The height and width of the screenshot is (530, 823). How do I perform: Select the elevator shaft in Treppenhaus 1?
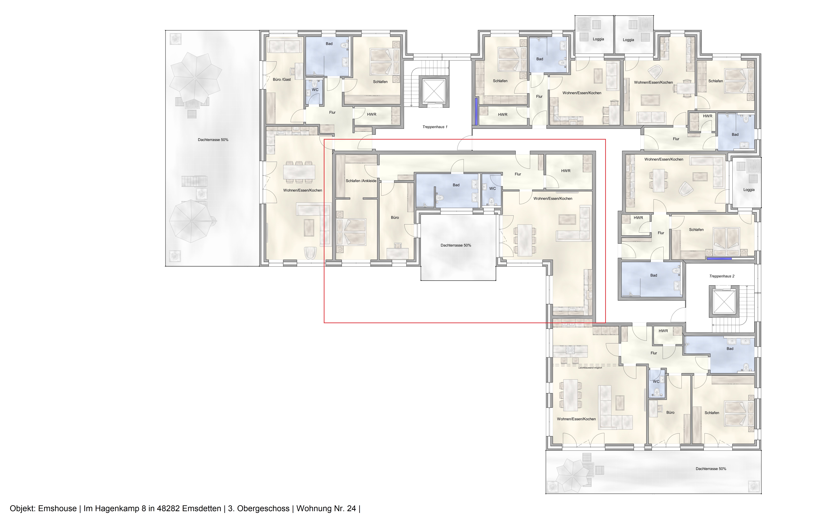434,91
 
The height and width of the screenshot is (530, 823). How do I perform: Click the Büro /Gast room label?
282,80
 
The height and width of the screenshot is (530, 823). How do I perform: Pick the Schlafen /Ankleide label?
361,181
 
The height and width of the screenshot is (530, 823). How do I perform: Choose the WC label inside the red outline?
492,189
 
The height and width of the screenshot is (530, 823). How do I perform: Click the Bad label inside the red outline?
456,185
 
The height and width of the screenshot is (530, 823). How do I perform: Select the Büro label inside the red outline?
395,217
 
